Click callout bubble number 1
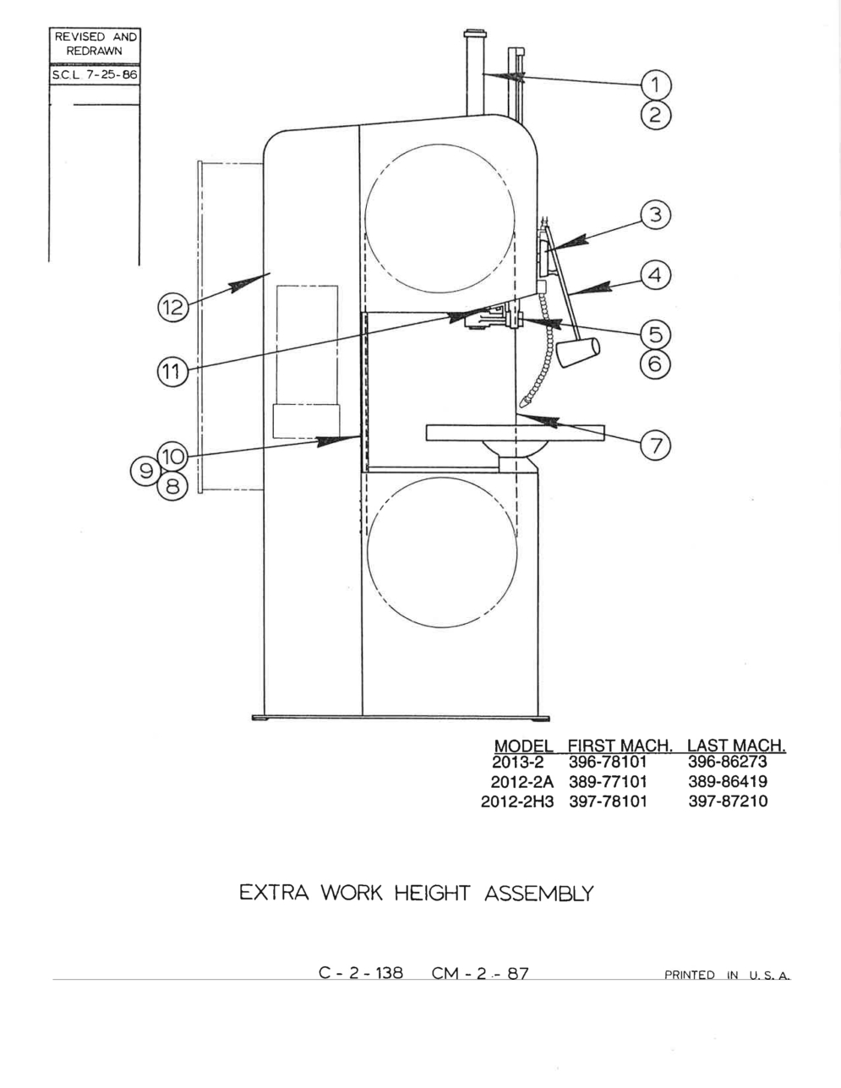pos(656,85)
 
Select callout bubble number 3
pos(656,216)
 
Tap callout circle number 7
pos(656,445)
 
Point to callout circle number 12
pos(173,306)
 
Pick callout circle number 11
pos(173,371)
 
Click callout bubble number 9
pos(145,471)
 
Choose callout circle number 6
pos(656,364)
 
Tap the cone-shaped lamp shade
pos(579,353)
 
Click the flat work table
pos(515,433)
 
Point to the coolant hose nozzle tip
pos(522,403)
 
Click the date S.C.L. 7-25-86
pos(95,75)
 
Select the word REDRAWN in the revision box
pos(95,51)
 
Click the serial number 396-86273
pos(728,762)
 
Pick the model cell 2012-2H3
pos(517,801)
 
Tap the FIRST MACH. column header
pos(620,746)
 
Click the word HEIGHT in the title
pos(433,894)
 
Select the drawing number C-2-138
pos(361,973)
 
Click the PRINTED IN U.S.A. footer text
pos(728,975)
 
